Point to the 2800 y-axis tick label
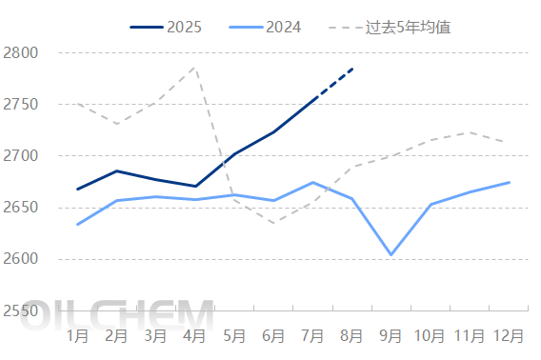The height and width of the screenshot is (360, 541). (20, 52)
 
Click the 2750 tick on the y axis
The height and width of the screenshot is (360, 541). (20, 104)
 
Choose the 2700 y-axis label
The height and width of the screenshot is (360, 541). (20, 155)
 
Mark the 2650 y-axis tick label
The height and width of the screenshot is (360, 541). (20, 208)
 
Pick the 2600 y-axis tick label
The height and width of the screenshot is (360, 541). (20, 259)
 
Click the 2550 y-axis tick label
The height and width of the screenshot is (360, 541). (20, 310)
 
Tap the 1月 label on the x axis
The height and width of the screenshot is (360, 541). (78, 335)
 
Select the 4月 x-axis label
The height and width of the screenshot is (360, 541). (195, 335)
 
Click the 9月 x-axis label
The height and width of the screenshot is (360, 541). (391, 335)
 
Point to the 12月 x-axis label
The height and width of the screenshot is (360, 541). (509, 335)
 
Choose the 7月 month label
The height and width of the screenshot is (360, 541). (312, 335)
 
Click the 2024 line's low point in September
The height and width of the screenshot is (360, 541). (391, 255)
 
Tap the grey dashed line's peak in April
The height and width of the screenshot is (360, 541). (195, 67)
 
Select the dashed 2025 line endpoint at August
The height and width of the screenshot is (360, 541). (352, 69)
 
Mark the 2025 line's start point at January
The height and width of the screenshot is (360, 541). (78, 189)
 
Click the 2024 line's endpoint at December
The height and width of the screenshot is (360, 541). (509, 182)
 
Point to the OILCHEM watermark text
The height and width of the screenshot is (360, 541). (118, 315)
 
